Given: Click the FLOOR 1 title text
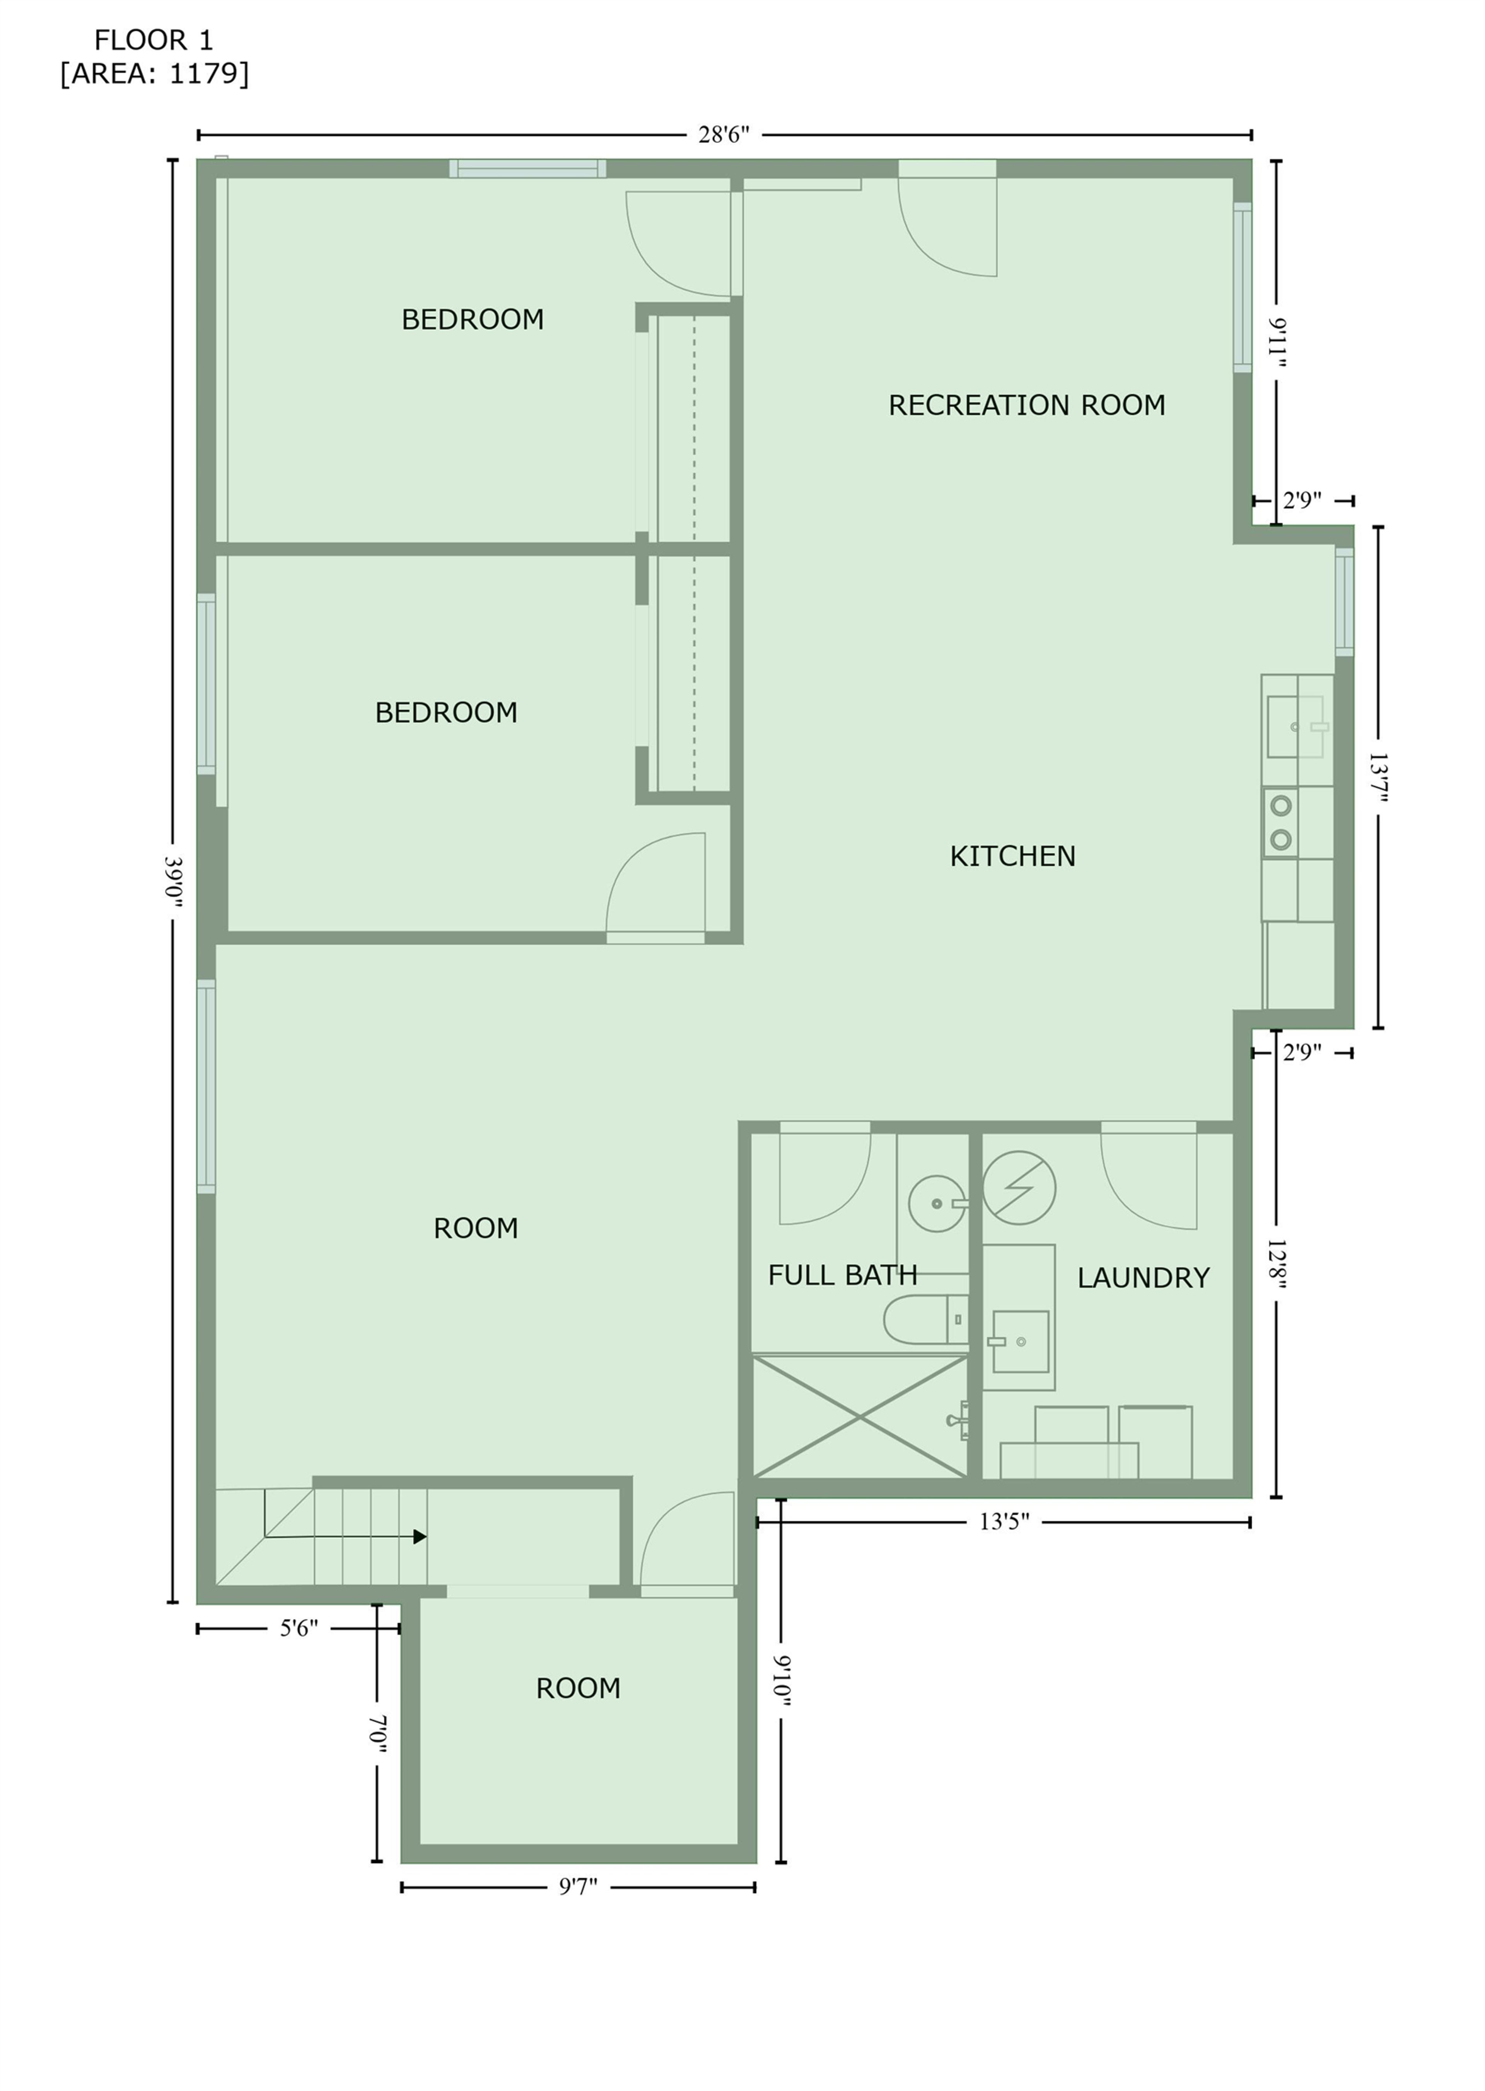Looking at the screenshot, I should (x=154, y=40).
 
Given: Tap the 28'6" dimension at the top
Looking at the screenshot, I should (x=723, y=135).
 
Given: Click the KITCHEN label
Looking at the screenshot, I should (x=1012, y=856).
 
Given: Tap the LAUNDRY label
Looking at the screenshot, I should (x=1143, y=1277).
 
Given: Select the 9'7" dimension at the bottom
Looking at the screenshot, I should (x=578, y=1886).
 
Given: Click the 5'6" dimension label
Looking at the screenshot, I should (x=299, y=1628).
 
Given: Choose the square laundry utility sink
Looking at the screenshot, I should (x=1021, y=1341).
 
